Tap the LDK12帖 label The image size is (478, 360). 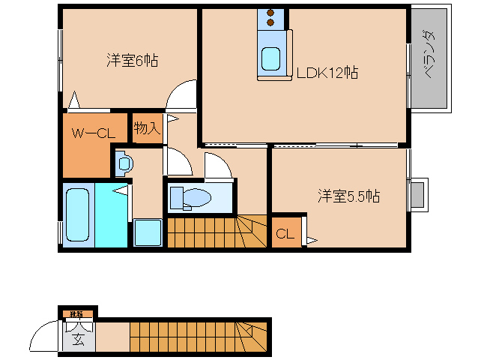(327, 73)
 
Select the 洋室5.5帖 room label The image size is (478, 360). (348, 196)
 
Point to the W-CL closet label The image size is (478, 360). (92, 133)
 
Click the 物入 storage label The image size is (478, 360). (147, 128)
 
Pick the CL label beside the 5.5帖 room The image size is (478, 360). (285, 233)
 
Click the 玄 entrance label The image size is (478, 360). (78, 337)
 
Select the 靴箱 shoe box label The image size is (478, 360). (76, 313)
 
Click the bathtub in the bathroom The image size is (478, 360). (78, 215)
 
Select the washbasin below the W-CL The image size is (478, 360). (124, 162)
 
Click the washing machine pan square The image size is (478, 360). (148, 232)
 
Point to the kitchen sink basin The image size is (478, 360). (270, 57)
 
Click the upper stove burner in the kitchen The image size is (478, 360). (270, 13)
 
